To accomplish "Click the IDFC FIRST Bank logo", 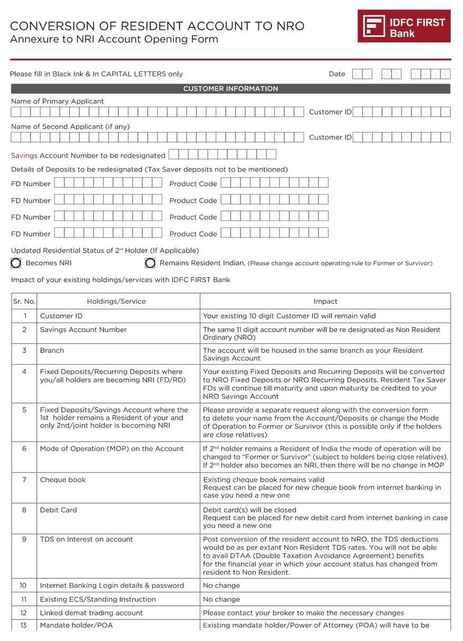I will (404, 26).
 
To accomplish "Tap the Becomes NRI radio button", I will (16, 263).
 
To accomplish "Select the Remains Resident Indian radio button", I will (150, 263).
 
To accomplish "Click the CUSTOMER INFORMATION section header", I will (230, 89).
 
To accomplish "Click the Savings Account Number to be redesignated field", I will (222, 155).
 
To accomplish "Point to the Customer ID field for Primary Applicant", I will (401, 112).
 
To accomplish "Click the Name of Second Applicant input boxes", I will (157, 137).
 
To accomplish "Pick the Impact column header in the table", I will (325, 302).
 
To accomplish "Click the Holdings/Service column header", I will (116, 302).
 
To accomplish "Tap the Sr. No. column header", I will (24, 302).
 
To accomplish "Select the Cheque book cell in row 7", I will (63, 480).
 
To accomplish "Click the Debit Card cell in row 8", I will (58, 510).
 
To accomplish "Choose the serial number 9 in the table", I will (24, 539).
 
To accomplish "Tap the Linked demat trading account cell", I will (92, 613).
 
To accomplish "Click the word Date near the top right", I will (337, 74).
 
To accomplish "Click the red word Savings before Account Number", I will (24, 156).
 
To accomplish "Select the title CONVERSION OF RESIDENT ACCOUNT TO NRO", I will (157, 26).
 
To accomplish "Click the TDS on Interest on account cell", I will (86, 539).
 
